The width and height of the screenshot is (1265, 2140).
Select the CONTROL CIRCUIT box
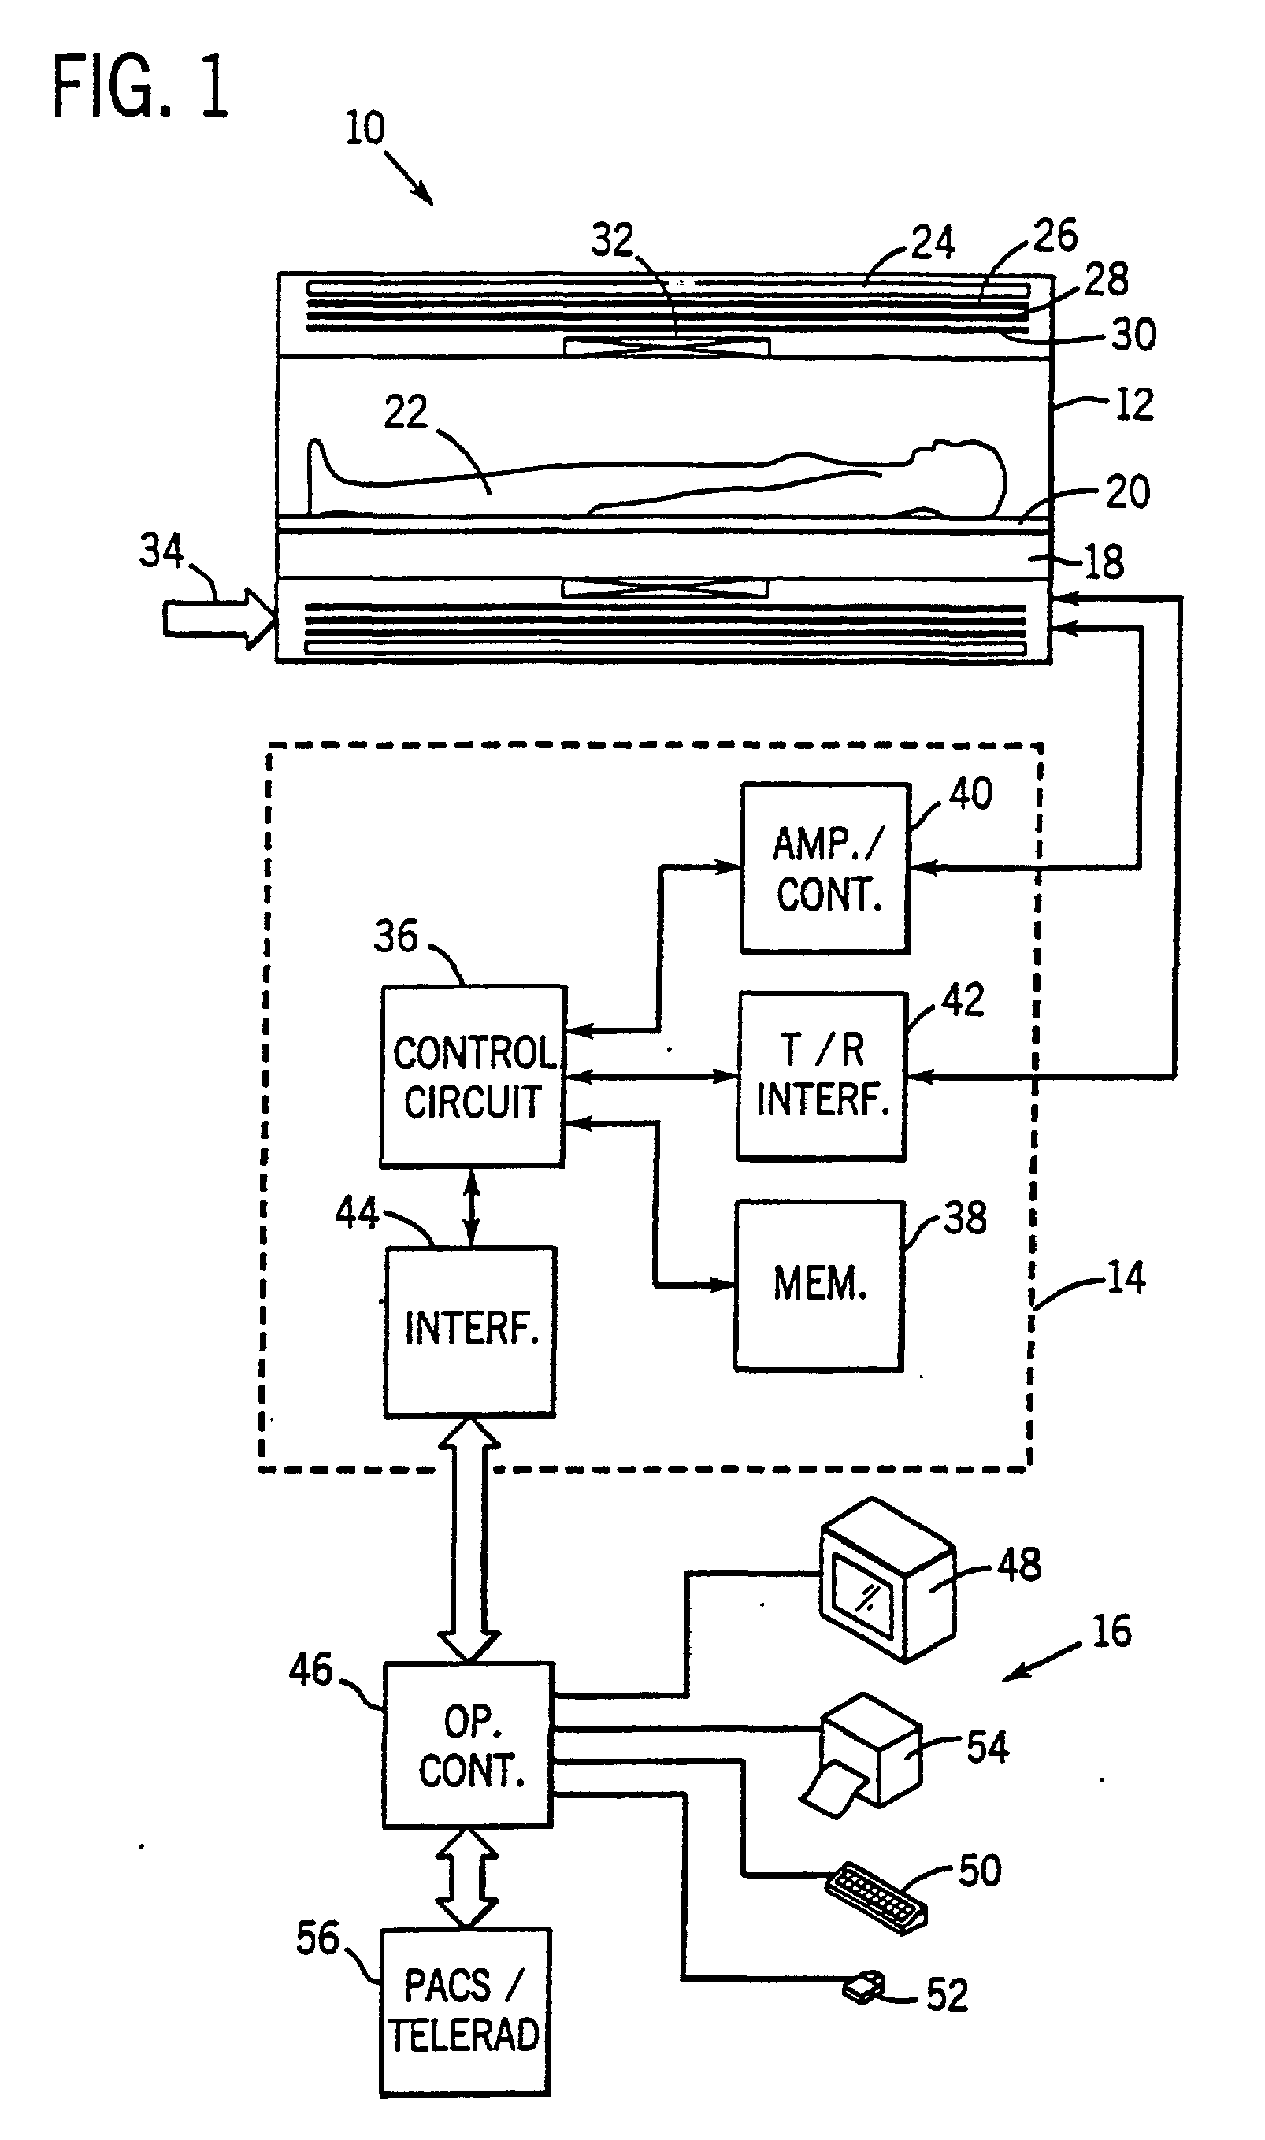tap(473, 1076)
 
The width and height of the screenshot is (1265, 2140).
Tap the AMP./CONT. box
tap(825, 868)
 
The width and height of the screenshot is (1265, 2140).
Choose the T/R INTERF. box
tap(822, 1076)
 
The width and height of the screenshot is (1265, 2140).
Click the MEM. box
tap(819, 1285)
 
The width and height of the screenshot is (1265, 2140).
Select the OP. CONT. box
tap(468, 1745)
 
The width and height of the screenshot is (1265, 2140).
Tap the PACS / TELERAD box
tap(465, 2012)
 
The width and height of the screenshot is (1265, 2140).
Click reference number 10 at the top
tap(365, 128)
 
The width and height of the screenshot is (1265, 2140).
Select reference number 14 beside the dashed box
tap(1126, 1278)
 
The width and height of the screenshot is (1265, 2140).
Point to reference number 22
tap(405, 413)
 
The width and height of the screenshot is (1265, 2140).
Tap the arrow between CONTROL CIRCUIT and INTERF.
tap(470, 1207)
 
